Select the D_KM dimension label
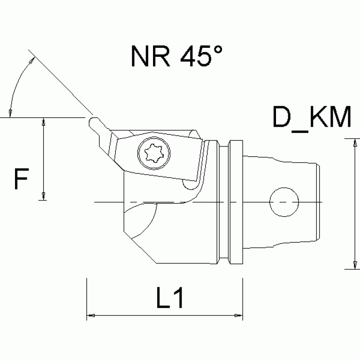pyautogui.click(x=312, y=119)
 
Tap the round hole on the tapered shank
pyautogui.click(x=284, y=202)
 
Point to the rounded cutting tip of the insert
pyautogui.click(x=92, y=123)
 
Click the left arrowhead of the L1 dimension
pyautogui.click(x=91, y=315)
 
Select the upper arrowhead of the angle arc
pyautogui.click(x=32, y=60)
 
